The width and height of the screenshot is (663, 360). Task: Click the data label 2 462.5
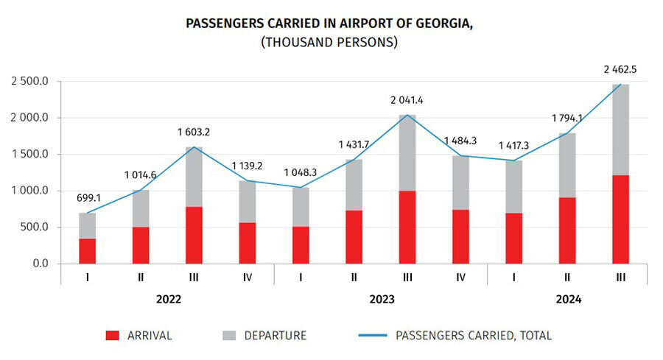point(620,70)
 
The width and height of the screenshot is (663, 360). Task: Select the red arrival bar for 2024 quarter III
point(620,219)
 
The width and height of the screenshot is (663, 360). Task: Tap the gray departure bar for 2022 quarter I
point(88,225)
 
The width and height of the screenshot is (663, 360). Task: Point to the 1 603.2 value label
point(194,133)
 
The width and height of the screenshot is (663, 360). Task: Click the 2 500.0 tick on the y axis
point(29,82)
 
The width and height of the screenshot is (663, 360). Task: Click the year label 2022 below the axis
point(168,300)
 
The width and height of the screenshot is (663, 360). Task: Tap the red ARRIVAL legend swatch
point(112,336)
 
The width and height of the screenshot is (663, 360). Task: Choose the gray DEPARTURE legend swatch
point(229,336)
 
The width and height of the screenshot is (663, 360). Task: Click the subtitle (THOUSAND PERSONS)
point(329,43)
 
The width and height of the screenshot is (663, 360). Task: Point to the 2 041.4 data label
point(407,99)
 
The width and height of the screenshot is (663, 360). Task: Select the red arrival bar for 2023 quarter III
point(407,227)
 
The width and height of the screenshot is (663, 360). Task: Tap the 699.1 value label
point(88,199)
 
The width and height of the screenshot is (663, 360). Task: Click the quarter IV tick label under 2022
point(248,279)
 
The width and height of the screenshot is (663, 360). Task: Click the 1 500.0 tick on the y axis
point(29,155)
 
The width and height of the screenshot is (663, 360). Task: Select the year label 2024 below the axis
point(567,300)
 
